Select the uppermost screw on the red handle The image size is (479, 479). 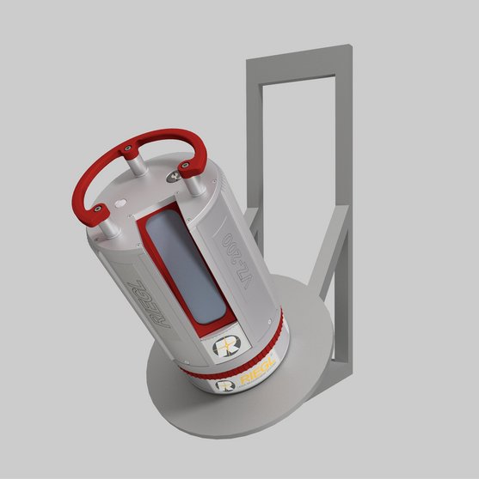click(130, 148)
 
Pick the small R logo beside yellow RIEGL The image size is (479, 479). click(226, 385)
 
